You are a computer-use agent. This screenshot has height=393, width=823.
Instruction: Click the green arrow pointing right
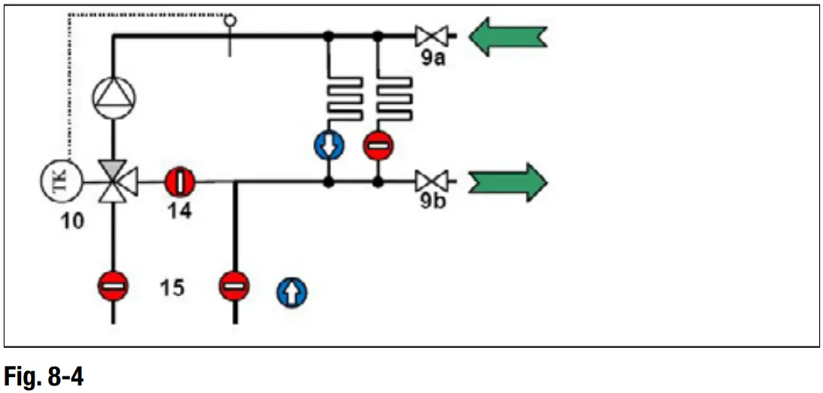(508, 181)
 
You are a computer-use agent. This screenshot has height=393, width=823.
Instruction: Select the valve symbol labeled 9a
(431, 35)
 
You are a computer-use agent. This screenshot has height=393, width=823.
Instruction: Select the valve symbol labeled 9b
(431, 181)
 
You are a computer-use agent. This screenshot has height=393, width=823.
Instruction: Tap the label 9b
(431, 202)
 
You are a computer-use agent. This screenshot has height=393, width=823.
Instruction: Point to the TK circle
(59, 181)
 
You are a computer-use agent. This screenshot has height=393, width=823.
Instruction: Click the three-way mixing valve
(114, 181)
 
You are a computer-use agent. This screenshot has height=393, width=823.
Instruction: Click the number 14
(179, 211)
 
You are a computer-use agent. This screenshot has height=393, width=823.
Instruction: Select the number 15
(172, 287)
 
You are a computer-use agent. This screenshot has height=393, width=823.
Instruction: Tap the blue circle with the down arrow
(329, 145)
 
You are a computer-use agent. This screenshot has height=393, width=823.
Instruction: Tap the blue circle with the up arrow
(291, 293)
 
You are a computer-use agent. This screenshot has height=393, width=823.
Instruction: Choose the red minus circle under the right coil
(377, 145)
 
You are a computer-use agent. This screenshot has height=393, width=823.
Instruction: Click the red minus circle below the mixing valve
(114, 287)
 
